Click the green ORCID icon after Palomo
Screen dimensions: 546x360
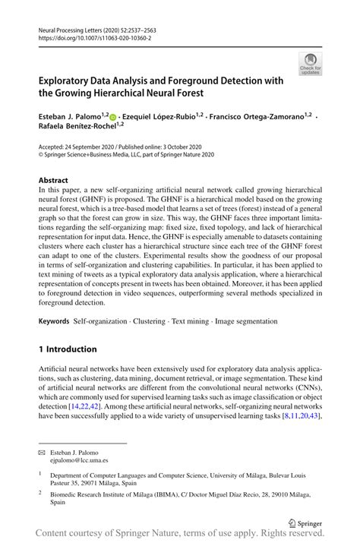(112, 117)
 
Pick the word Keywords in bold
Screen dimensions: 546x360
(55, 321)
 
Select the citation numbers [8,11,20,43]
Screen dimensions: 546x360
(302, 417)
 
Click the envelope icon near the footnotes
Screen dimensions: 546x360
(43, 451)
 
